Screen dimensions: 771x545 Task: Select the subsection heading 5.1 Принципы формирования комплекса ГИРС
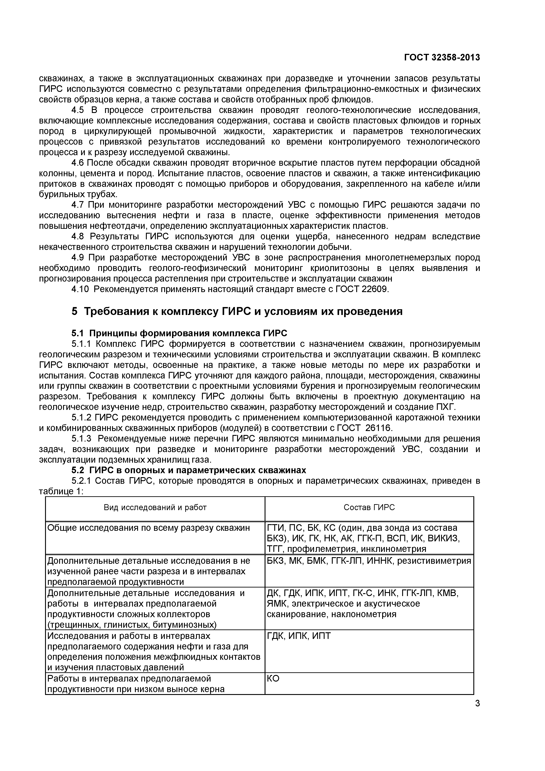pos(179,333)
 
